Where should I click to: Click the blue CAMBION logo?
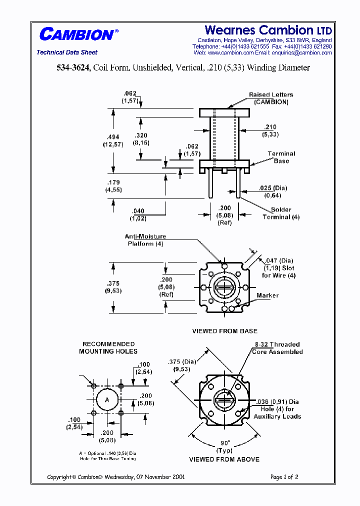point(76,34)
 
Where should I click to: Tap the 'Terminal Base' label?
point(281,157)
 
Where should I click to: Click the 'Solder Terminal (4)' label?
point(281,213)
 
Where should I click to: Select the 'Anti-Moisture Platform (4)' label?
point(145,240)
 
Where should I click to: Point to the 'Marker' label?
point(267,295)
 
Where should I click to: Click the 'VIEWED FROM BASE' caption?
point(224,331)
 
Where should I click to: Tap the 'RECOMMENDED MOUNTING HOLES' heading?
point(108,347)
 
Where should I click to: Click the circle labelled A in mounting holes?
point(107,399)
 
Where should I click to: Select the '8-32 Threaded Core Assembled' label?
point(277,348)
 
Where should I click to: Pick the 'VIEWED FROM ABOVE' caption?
point(224,459)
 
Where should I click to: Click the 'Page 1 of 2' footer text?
point(284,477)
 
